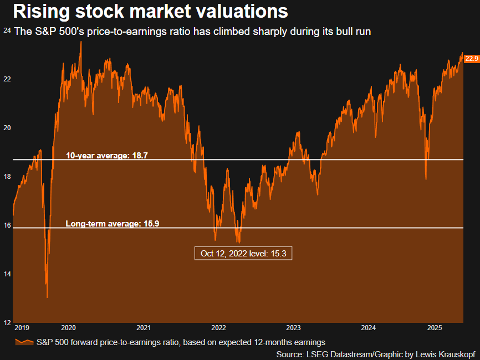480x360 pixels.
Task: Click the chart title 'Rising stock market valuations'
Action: click(150, 11)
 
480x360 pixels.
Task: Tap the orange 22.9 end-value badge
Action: click(471, 58)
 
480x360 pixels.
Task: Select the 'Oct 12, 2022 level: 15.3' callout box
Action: click(243, 253)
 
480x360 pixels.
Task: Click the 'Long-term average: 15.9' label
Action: click(113, 224)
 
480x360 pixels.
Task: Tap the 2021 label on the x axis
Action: click(144, 328)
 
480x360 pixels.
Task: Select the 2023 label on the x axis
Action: click(293, 328)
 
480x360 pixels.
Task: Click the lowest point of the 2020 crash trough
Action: click(47, 297)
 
